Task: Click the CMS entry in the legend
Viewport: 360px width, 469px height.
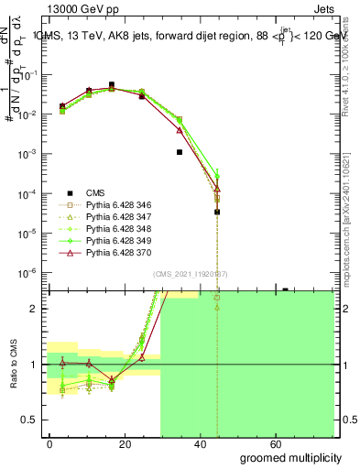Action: [95, 192]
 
